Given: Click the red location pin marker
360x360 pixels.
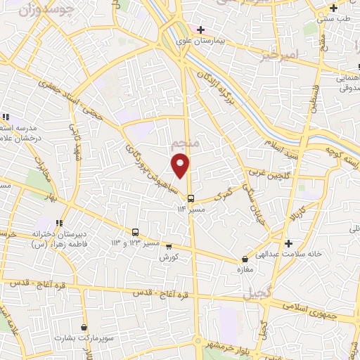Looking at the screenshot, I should (181, 165).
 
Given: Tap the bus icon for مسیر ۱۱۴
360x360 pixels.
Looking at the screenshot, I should (191, 197).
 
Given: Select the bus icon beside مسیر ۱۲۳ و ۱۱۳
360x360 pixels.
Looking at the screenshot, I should (135, 232).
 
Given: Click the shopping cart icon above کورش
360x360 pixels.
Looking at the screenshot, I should (168, 246).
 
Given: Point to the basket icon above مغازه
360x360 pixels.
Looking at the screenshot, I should (245, 259).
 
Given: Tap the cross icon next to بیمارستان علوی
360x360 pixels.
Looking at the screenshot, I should (200, 30).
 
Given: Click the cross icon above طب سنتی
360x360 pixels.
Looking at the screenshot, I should (334, 8).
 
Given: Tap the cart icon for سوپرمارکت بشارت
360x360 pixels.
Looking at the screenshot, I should (84, 327).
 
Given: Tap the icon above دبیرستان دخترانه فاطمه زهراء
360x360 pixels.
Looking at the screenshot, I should (60, 222).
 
